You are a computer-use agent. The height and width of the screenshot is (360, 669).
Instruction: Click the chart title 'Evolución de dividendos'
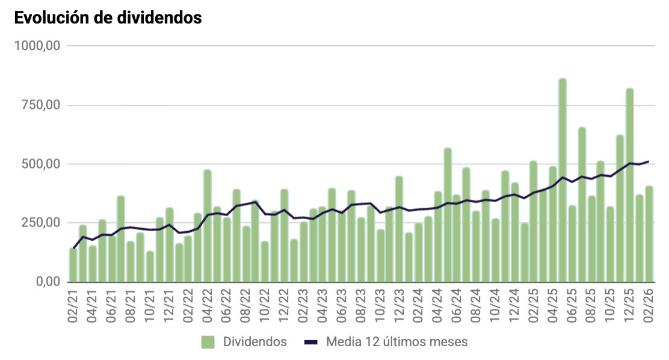108,18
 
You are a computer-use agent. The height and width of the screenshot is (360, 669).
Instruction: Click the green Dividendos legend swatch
208,342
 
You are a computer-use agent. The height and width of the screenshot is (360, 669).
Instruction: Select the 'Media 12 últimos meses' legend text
397,342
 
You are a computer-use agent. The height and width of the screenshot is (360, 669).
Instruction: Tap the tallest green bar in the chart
563,181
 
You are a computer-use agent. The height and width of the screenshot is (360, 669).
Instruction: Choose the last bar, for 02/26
649,235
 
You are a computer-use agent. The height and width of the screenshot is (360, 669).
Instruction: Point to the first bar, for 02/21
73,265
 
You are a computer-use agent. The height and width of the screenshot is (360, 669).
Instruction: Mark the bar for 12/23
399,229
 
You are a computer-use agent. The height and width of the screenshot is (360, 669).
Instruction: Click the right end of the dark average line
649,161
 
